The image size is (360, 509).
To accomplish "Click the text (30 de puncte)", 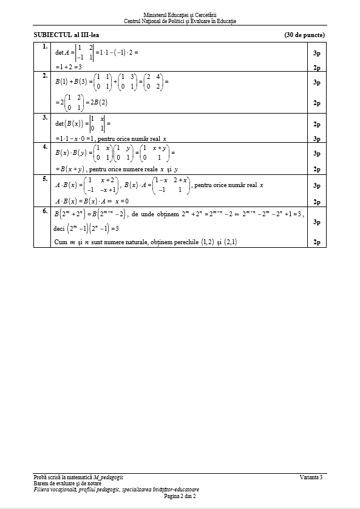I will (x=304, y=35).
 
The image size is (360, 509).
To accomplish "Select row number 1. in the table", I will (x=42, y=46).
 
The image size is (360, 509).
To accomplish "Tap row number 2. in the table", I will (x=42, y=75).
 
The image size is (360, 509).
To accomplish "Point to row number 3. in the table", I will (x=42, y=117).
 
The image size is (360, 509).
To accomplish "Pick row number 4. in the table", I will (x=42, y=147).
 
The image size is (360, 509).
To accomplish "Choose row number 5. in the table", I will (x=42, y=179).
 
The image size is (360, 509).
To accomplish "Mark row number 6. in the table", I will (x=42, y=210).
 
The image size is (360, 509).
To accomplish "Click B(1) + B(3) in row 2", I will (x=72, y=81).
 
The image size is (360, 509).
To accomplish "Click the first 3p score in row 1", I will (x=316, y=53).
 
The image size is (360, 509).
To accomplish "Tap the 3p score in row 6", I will (x=316, y=222).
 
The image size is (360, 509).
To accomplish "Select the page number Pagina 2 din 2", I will (x=180, y=496).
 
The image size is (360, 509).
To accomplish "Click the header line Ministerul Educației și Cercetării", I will (x=180, y=14).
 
